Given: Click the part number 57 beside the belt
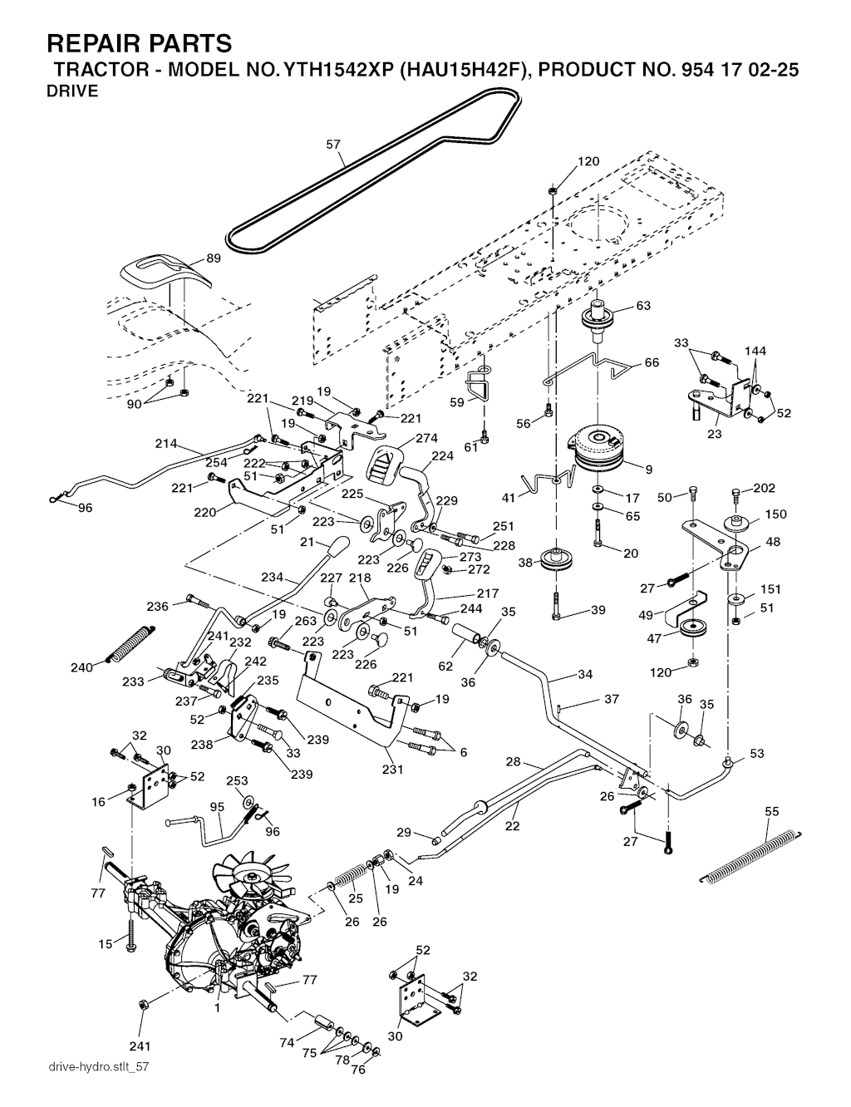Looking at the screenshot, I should (x=333, y=144).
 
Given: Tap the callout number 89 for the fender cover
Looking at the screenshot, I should (x=214, y=258).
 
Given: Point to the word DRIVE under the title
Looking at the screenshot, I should (x=72, y=91).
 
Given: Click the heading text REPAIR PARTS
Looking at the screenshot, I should (x=140, y=43).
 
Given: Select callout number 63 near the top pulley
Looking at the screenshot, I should (x=643, y=305).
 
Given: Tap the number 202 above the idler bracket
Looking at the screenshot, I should (x=764, y=489).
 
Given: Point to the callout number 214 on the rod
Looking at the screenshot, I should (x=166, y=444).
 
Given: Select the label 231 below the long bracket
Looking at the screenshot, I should (x=392, y=770).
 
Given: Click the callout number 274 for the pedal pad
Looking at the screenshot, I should (x=426, y=439).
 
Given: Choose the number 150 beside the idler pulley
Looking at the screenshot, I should (x=775, y=514).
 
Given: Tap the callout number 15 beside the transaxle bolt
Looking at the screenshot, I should (x=105, y=943).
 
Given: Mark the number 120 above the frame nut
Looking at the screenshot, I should (x=588, y=162).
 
